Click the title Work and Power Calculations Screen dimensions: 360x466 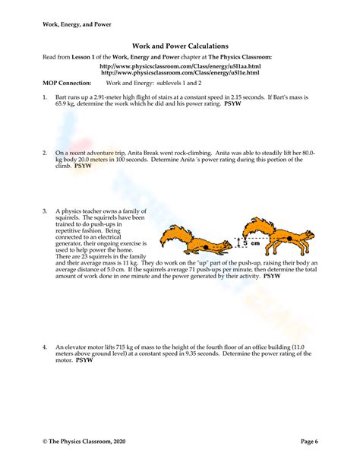tap(180, 46)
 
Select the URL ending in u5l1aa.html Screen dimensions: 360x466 tap(179, 66)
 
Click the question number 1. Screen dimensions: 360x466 tap(45, 98)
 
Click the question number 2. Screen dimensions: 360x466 tap(45, 153)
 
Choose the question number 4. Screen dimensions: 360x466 tap(45, 347)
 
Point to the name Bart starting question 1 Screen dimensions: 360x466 tap(62, 98)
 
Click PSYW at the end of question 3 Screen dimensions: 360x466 tap(271, 276)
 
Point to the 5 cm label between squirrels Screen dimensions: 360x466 tap(248, 244)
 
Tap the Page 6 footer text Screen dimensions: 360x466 tap(308, 441)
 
